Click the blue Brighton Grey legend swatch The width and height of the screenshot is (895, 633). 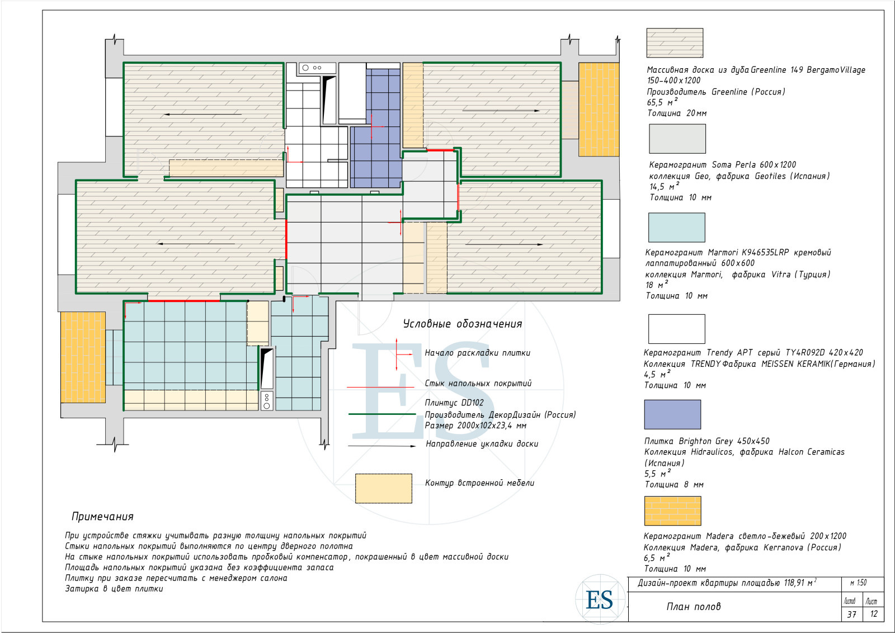tap(672, 414)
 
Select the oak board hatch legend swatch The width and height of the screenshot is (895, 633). tap(675, 42)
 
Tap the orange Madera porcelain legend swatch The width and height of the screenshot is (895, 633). tap(672, 511)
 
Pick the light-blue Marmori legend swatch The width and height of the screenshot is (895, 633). tap(676, 227)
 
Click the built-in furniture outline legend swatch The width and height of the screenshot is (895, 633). tap(384, 488)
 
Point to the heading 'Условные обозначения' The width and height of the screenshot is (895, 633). tap(462, 323)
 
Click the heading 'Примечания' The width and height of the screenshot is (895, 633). tap(102, 516)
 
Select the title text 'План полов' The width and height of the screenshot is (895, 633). tap(694, 606)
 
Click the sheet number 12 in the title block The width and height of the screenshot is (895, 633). tap(874, 614)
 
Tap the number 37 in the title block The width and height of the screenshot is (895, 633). tap(852, 614)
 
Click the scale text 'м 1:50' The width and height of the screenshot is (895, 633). tap(858, 583)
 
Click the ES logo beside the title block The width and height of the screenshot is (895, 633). tap(600, 599)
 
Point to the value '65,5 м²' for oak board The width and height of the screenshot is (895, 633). tap(662, 102)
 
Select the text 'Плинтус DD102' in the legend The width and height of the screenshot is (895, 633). tap(454, 403)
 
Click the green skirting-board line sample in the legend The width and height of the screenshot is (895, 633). tap(383, 414)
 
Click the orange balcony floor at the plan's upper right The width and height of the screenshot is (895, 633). tap(599, 110)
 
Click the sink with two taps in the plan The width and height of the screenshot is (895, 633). tap(317, 68)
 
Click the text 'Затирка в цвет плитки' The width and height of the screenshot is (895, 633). tap(114, 589)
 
